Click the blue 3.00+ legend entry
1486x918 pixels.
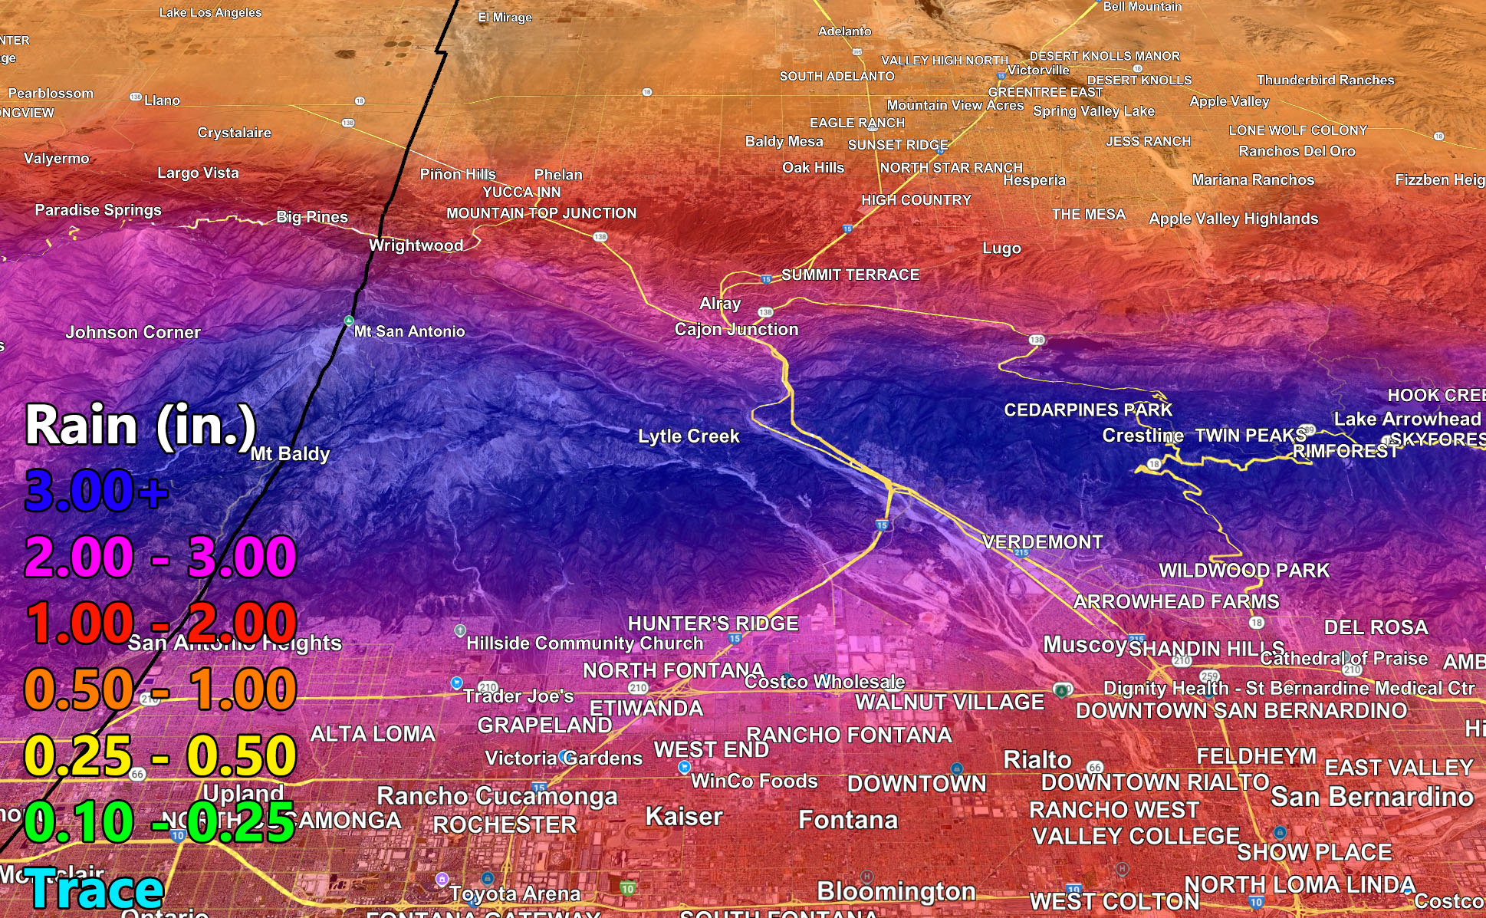click(x=96, y=491)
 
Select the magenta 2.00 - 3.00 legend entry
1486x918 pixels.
click(x=160, y=557)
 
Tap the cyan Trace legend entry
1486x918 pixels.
click(x=94, y=890)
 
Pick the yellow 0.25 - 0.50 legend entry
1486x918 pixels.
click(x=160, y=756)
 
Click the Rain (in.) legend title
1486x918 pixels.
click(x=140, y=426)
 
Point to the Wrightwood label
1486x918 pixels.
click(x=416, y=245)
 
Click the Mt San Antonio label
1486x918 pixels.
click(x=409, y=331)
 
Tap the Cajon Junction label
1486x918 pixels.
click(x=736, y=330)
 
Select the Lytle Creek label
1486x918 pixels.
click(x=689, y=436)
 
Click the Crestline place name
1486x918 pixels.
click(x=1142, y=436)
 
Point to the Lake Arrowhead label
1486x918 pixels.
click(x=1407, y=419)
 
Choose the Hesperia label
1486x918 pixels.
click(x=1034, y=180)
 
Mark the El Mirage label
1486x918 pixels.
click(x=505, y=18)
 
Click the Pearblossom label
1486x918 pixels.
click(x=51, y=94)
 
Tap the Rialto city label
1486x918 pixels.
click(x=1037, y=760)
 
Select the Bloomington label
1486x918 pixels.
click(x=896, y=891)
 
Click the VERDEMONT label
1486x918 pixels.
click(x=1042, y=542)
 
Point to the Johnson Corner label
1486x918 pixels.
click(x=133, y=333)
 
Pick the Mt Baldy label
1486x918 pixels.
click(x=290, y=454)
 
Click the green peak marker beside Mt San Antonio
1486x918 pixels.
click(x=349, y=321)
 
